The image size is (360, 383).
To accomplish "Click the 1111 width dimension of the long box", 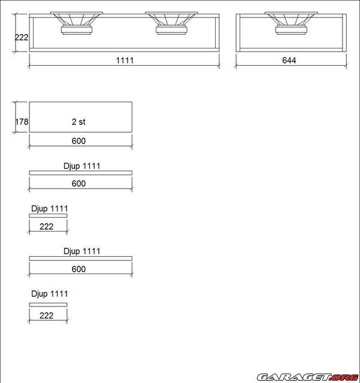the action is click(125, 60).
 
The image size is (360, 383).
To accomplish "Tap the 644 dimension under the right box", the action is click(289, 60).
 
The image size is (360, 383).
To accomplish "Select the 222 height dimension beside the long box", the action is click(22, 37).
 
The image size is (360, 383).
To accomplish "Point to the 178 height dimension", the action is click(22, 121).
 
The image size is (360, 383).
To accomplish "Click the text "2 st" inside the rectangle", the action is click(78, 121).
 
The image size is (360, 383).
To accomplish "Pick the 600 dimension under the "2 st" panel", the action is click(78, 141).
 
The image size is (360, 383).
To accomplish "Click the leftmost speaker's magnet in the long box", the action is click(77, 30).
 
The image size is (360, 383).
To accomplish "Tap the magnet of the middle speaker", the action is click(171, 30).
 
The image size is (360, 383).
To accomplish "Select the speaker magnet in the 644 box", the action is click(291, 30).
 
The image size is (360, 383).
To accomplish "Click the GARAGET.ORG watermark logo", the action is click(308, 377).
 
